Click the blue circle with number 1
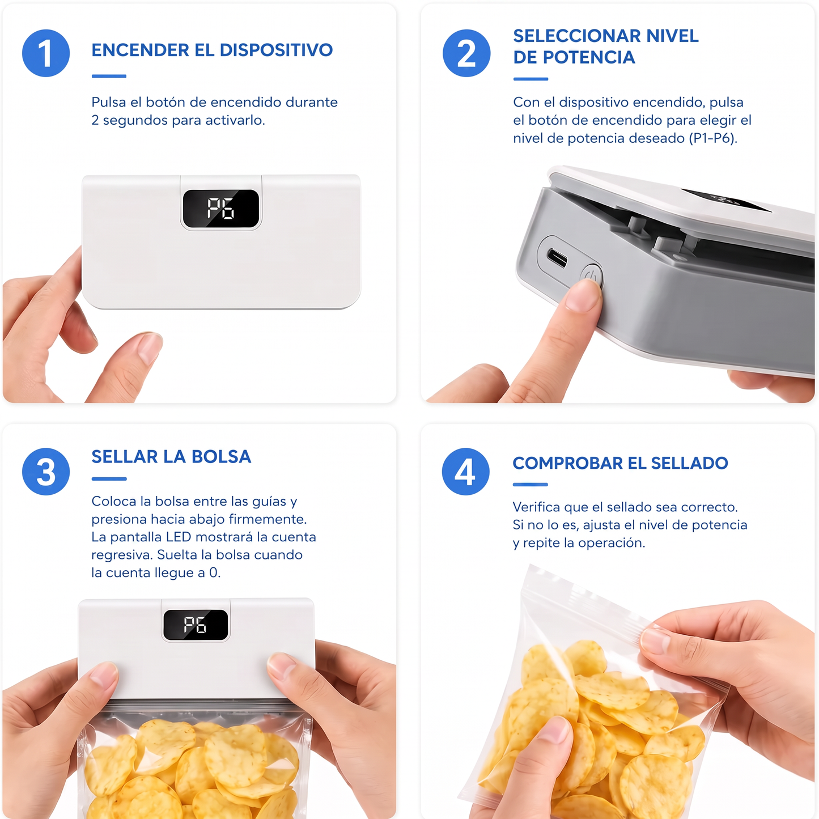[x=46, y=53]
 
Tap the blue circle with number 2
[x=466, y=53]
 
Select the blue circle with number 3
[x=46, y=472]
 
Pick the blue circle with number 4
[x=465, y=472]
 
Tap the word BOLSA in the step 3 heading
[x=221, y=456]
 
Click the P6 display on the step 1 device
[x=220, y=208]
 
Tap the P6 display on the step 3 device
[x=196, y=625]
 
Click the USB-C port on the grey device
[x=557, y=257]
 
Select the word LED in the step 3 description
[x=179, y=537]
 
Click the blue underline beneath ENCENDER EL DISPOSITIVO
[x=109, y=76]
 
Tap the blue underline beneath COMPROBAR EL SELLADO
[x=530, y=485]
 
